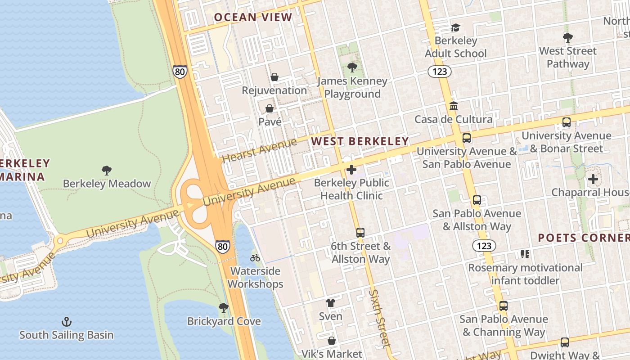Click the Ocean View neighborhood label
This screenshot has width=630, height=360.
tap(253, 18)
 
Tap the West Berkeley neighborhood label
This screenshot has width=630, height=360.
tap(360, 141)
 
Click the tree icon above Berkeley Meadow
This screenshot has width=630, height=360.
tap(107, 171)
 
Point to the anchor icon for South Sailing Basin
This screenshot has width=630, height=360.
tap(67, 322)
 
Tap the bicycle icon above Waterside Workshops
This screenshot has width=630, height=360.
tap(255, 258)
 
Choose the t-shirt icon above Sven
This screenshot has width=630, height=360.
tap(331, 303)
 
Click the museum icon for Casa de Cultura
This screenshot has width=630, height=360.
tap(454, 106)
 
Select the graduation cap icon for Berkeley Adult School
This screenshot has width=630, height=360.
tap(456, 27)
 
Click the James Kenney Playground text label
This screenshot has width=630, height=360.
tap(352, 87)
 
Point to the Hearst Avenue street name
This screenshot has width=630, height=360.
tap(260, 151)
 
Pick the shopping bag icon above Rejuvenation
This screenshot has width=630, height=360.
tap(274, 77)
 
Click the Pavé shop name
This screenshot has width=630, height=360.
tap(270, 121)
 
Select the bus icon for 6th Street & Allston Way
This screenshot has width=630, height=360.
tap(360, 233)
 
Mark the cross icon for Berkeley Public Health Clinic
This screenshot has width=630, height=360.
tap(351, 170)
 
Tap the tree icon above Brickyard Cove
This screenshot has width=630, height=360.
tap(224, 308)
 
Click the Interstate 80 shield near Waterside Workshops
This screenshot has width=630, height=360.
tap(222, 246)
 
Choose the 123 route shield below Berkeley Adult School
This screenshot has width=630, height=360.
tap(440, 71)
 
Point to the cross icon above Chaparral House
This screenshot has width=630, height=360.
tap(593, 179)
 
